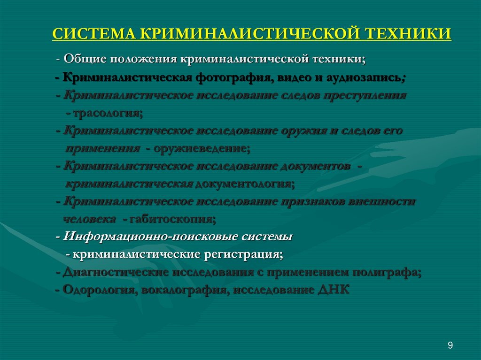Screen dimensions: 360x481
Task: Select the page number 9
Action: (450, 346)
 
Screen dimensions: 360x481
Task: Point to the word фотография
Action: (228, 77)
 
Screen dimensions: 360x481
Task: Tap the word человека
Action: (90, 219)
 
